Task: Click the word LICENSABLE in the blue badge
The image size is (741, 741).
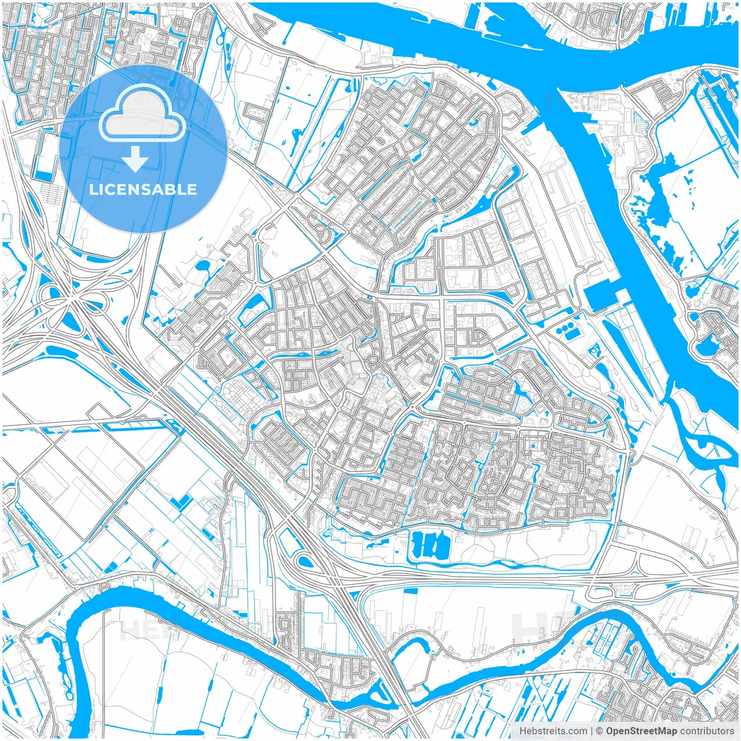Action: click(143, 189)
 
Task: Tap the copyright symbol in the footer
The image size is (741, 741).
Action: click(600, 731)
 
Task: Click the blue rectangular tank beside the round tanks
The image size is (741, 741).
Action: click(572, 336)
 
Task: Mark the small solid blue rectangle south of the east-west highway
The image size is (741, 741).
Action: click(410, 591)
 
